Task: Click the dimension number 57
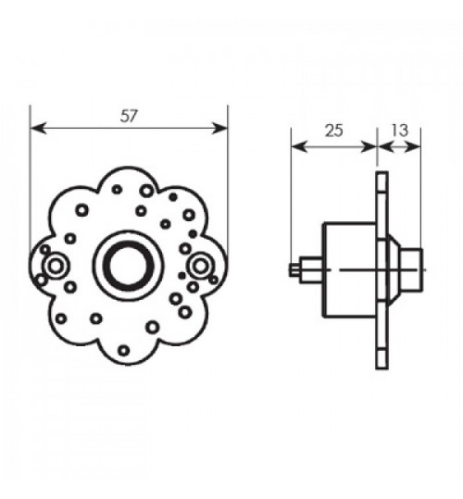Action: [x=129, y=116]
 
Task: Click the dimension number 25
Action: [x=333, y=131]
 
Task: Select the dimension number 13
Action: [x=399, y=131]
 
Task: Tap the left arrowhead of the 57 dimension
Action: [x=38, y=128]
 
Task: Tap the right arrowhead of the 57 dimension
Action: [x=219, y=128]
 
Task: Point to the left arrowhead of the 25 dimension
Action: [x=299, y=146]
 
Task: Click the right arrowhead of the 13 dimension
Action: [x=412, y=146]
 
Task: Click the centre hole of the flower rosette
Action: [x=128, y=265]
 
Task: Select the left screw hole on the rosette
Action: [x=56, y=267]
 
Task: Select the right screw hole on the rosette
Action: [x=200, y=267]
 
